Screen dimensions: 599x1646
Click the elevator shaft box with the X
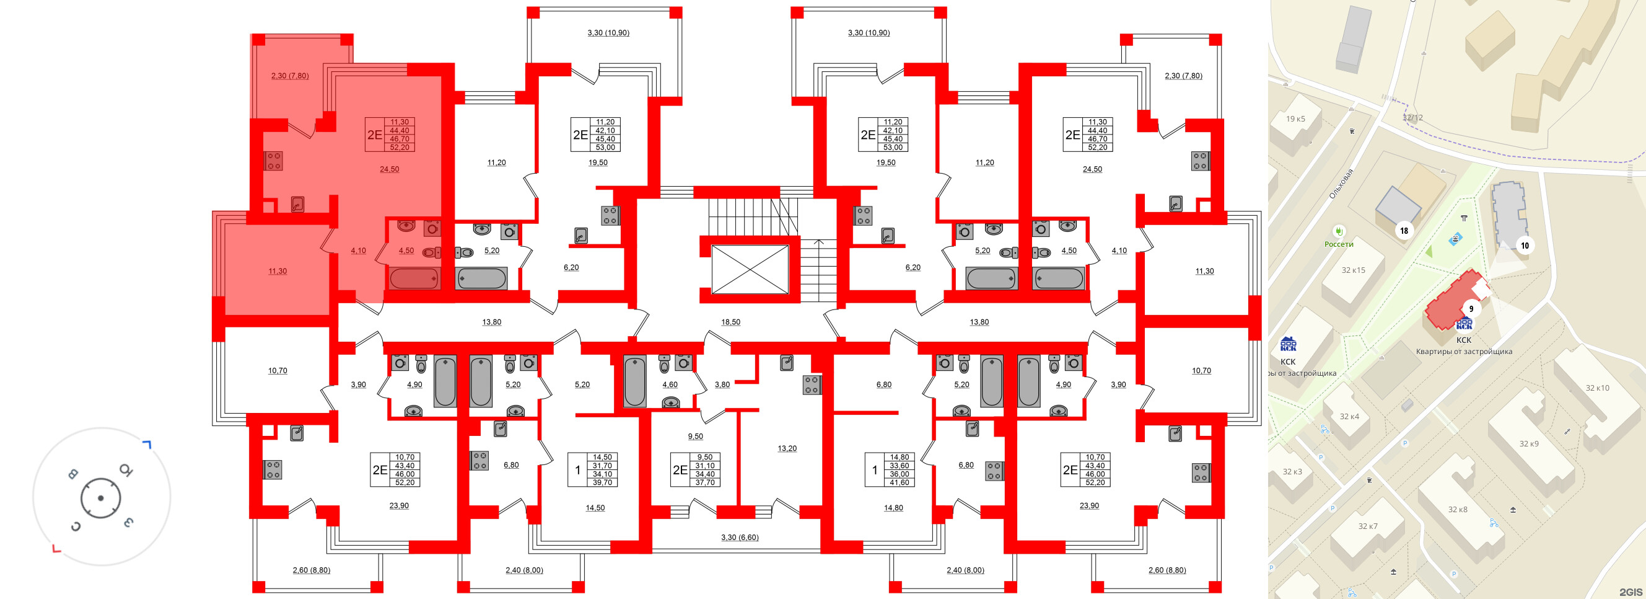[750, 269]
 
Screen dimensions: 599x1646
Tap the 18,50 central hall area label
[730, 322]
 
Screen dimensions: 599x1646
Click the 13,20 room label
[787, 449]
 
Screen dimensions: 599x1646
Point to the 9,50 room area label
[695, 437]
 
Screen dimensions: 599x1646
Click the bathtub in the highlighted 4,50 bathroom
[414, 278]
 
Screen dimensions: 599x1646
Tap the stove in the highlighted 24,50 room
[274, 161]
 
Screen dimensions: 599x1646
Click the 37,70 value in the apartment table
[705, 482]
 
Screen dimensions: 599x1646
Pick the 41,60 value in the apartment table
[899, 482]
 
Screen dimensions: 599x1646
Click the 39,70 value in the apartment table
[602, 482]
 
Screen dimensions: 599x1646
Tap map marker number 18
[1404, 231]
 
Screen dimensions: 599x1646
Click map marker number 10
[1525, 246]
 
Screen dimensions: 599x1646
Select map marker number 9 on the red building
[1471, 309]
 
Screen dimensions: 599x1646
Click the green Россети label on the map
[1339, 244]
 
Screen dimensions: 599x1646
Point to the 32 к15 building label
[1353, 270]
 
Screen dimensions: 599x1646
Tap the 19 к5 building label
[1296, 119]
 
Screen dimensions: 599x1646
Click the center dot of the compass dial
[100, 498]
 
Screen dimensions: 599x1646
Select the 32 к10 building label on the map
[1597, 388]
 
